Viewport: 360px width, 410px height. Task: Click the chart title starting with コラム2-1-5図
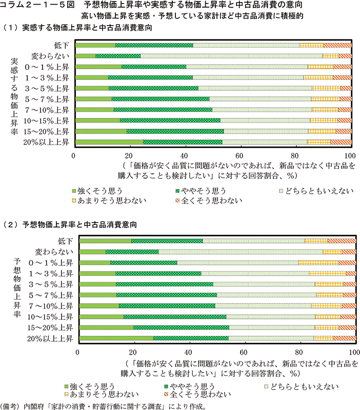(180, 6)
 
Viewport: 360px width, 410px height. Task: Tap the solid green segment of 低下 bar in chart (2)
(106, 241)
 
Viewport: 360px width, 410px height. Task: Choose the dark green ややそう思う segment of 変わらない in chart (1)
(118, 56)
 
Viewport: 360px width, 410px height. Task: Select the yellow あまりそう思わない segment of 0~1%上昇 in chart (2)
(318, 262)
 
